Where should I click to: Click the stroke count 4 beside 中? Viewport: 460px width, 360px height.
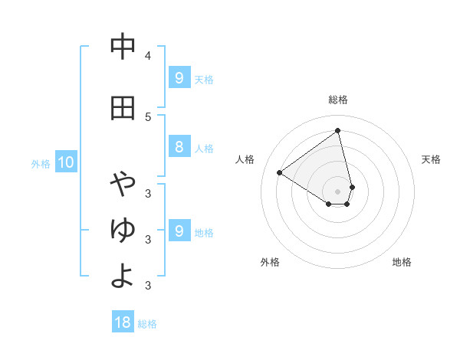point(148,55)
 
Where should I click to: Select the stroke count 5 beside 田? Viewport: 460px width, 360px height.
point(148,116)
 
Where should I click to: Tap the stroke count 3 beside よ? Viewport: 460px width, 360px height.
point(148,285)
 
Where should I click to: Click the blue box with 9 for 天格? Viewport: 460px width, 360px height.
point(179,78)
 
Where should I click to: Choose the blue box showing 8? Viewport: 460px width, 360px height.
point(179,147)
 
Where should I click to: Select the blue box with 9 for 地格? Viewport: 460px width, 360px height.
point(179,231)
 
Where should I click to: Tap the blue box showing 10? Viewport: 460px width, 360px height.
point(65,162)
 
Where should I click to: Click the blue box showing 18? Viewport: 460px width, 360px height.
point(123,322)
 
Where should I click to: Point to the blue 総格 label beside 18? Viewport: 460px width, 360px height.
point(147,324)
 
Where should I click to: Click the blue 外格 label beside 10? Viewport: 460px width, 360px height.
point(41,163)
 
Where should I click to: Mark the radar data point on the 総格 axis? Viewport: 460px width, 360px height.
point(337,131)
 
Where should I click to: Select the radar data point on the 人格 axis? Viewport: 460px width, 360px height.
point(280,173)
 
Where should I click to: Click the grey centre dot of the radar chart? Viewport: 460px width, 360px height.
point(337,191)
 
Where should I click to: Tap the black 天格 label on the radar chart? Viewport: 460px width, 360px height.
point(431,159)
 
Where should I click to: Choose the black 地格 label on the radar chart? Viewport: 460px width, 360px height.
point(402,262)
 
